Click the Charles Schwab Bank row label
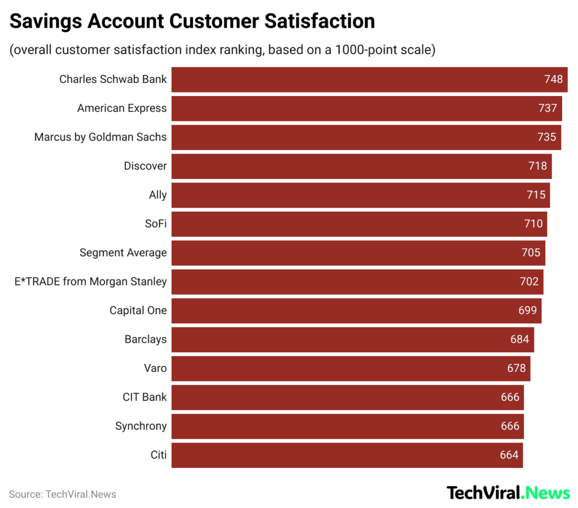click(x=113, y=79)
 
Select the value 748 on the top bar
click(x=553, y=79)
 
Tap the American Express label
click(x=122, y=108)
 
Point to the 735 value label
click(x=546, y=137)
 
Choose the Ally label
click(x=157, y=195)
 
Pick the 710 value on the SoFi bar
click(x=533, y=224)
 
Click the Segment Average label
click(x=123, y=252)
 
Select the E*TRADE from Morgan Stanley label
click(x=90, y=281)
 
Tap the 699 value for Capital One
click(x=528, y=310)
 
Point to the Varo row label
click(x=155, y=368)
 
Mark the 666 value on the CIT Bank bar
click(x=510, y=397)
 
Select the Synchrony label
click(x=141, y=426)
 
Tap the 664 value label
click(x=509, y=455)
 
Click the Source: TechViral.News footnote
click(x=62, y=494)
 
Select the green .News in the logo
click(x=546, y=493)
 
